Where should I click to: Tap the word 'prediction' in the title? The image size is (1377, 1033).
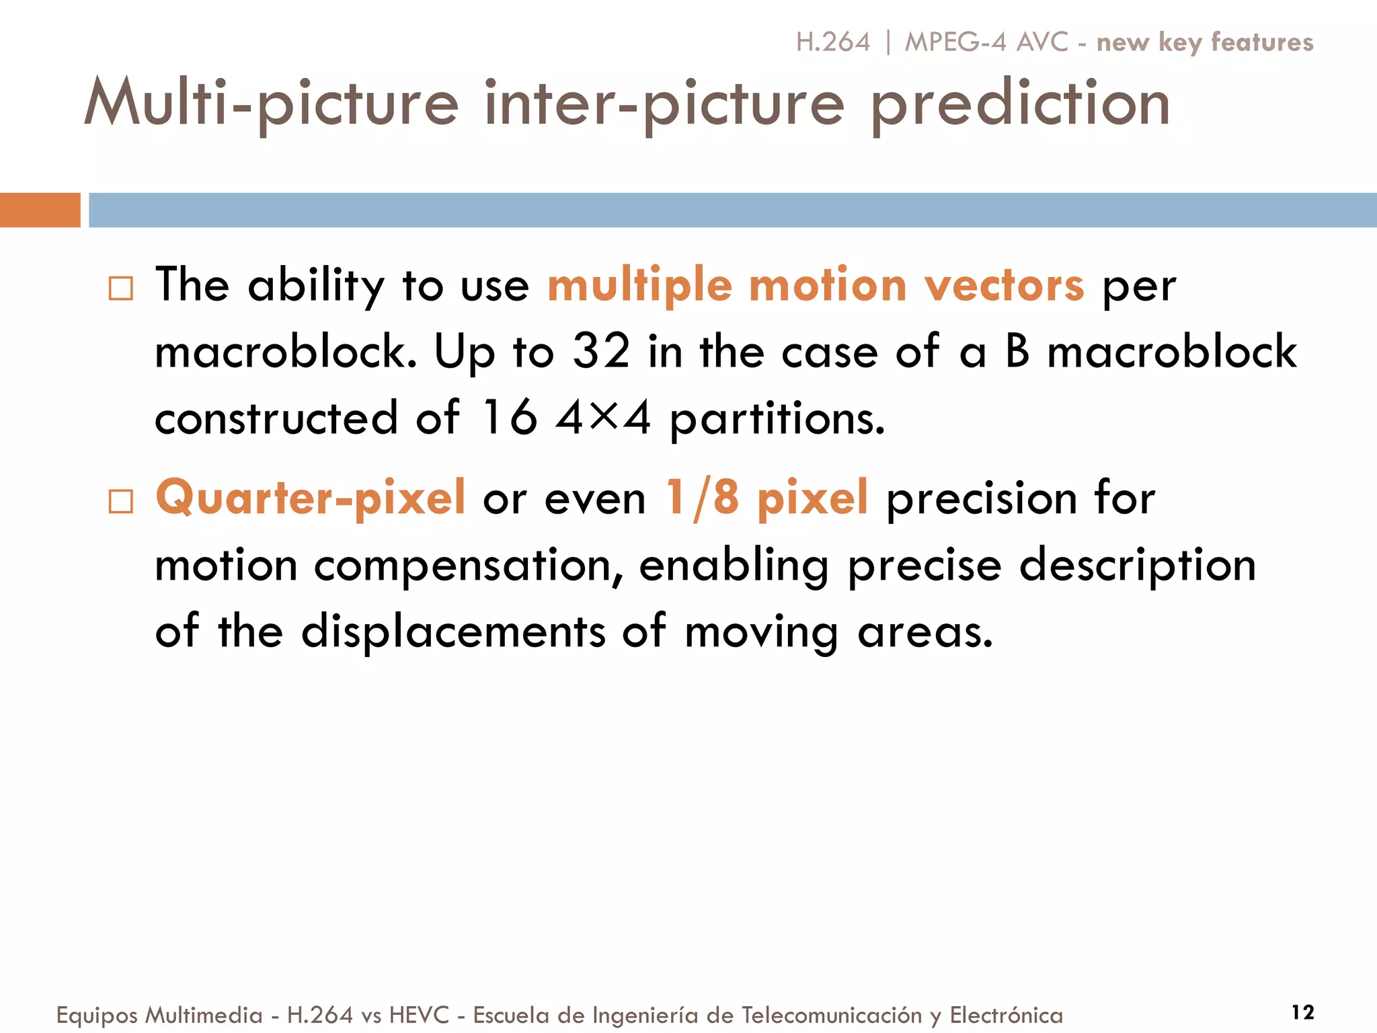tap(1020, 104)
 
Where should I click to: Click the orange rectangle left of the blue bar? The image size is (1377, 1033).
tap(40, 210)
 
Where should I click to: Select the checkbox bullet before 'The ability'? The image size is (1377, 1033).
tap(121, 289)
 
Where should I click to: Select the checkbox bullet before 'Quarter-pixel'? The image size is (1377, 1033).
tap(121, 501)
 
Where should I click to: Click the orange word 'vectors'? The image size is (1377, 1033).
tap(1004, 285)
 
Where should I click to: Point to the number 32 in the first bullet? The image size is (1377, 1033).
tap(601, 351)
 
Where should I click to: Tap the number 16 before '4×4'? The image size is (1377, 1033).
tap(510, 418)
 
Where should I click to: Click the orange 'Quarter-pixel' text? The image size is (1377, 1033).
tap(310, 498)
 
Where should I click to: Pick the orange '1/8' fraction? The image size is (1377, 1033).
tap(702, 498)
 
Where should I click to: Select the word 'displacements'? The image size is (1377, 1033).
tap(453, 632)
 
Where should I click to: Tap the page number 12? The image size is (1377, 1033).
tap(1302, 1012)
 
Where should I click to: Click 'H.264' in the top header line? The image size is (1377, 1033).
tap(833, 42)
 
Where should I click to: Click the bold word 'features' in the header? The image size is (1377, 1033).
tap(1262, 42)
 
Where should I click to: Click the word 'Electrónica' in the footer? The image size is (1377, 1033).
tap(1006, 1015)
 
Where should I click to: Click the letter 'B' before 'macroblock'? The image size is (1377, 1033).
tap(1018, 351)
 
